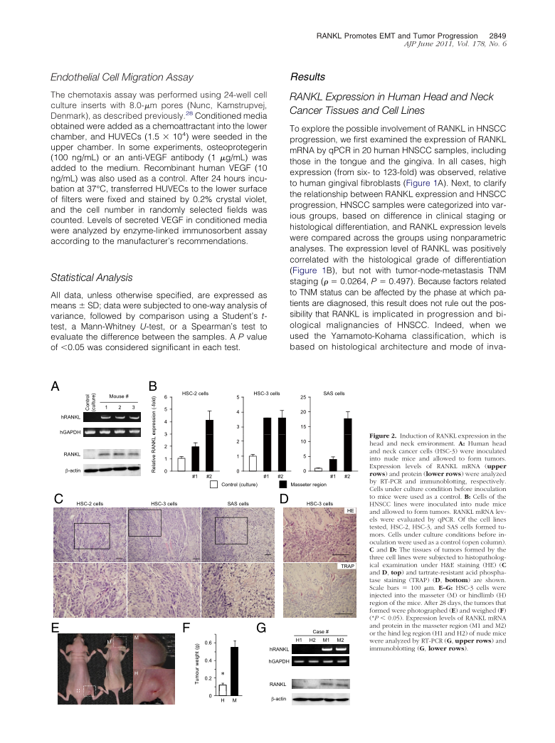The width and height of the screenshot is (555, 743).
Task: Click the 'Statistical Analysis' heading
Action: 93,276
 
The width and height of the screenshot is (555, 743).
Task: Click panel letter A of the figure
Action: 54,386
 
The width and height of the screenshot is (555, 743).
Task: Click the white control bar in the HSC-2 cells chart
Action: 181,463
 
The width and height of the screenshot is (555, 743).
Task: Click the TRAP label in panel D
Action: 348,565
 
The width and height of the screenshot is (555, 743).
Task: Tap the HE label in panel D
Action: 349,511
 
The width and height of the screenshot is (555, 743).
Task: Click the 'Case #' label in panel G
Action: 320,633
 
